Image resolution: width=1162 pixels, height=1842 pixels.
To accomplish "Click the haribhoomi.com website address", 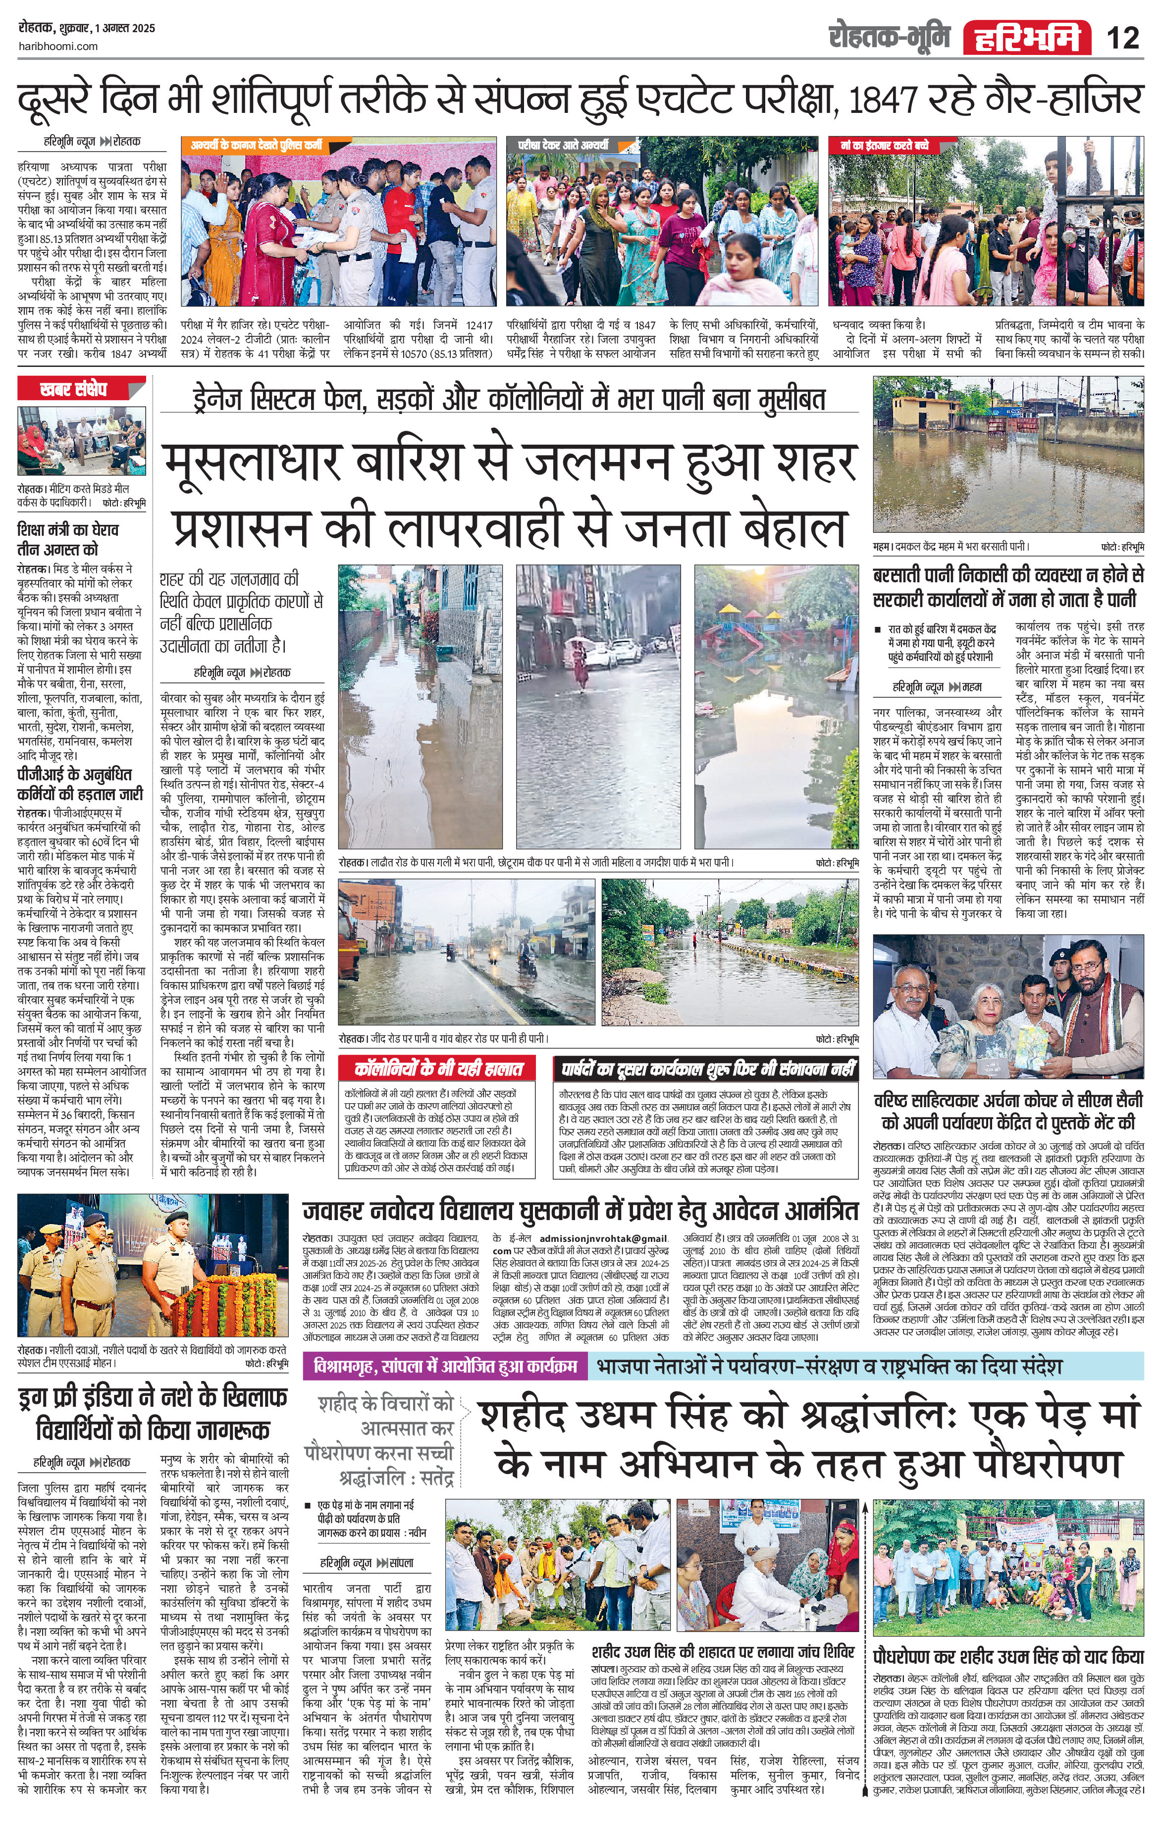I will [57, 47].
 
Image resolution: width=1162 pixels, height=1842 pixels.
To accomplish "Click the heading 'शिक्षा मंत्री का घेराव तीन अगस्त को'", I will [67, 539].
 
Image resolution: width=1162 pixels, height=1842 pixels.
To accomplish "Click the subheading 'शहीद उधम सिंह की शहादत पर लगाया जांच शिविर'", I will [723, 1652].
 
